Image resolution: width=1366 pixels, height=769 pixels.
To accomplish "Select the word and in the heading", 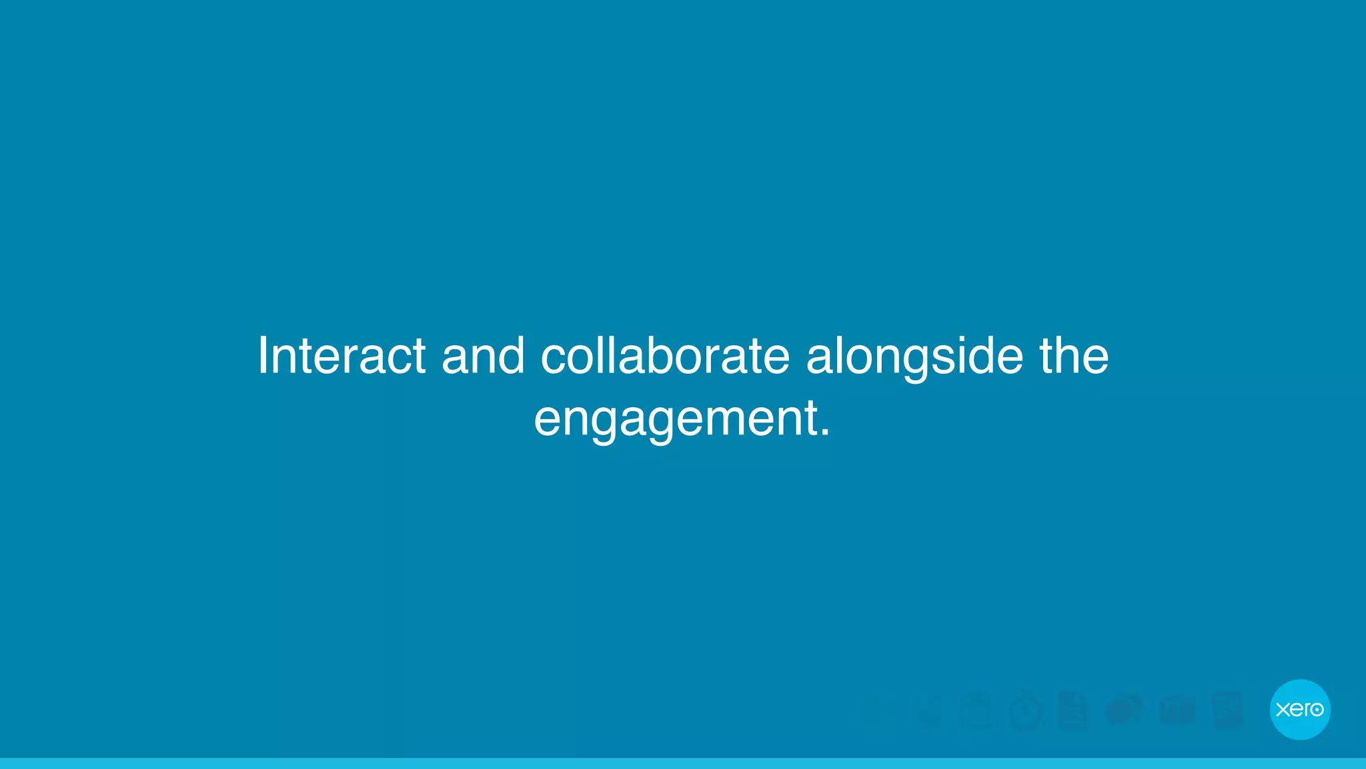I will click(483, 356).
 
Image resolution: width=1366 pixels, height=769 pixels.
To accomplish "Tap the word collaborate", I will click(665, 356).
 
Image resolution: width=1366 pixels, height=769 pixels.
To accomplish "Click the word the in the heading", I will click(1074, 356).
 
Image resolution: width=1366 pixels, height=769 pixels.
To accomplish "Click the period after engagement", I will click(826, 433).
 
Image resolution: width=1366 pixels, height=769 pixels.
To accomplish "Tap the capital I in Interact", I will click(263, 356).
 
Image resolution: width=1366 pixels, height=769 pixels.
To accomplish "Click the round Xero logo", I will click(1300, 709).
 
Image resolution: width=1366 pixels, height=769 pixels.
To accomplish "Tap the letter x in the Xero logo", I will click(1283, 709).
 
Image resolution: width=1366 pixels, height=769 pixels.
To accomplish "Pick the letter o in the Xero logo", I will click(1317, 709).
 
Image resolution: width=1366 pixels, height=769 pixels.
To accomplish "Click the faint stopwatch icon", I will click(1026, 710).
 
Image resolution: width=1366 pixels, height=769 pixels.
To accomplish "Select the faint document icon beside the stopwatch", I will click(1073, 710).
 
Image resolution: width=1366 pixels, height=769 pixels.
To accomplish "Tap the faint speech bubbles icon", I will click(1125, 710).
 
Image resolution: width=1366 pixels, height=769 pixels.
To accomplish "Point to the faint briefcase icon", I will click(1177, 710).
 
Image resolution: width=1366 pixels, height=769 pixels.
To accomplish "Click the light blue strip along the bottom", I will click(683, 763).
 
